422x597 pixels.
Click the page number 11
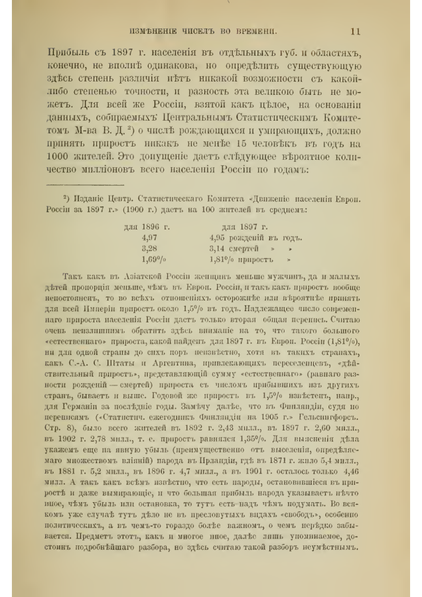(355, 31)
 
